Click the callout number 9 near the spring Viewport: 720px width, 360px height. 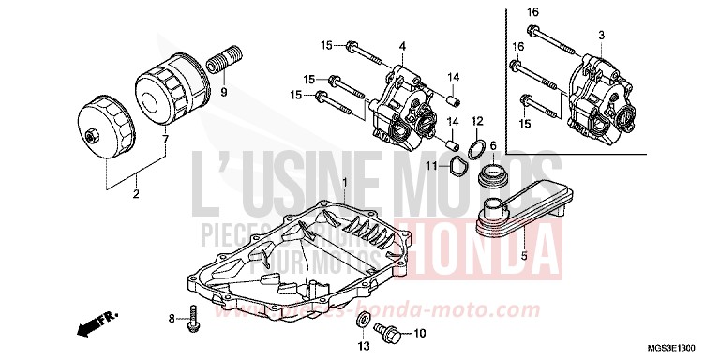(x=224, y=93)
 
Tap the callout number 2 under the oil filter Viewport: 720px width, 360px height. (x=136, y=195)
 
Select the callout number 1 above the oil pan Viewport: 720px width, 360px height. (x=345, y=180)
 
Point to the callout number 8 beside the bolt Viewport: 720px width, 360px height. (x=172, y=319)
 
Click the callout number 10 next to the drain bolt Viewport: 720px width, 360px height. (x=419, y=333)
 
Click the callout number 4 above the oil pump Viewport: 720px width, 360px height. (x=402, y=46)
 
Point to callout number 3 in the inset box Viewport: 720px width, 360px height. (x=601, y=35)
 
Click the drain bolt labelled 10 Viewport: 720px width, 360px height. (x=386, y=332)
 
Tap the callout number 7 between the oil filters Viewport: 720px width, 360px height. (x=165, y=140)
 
